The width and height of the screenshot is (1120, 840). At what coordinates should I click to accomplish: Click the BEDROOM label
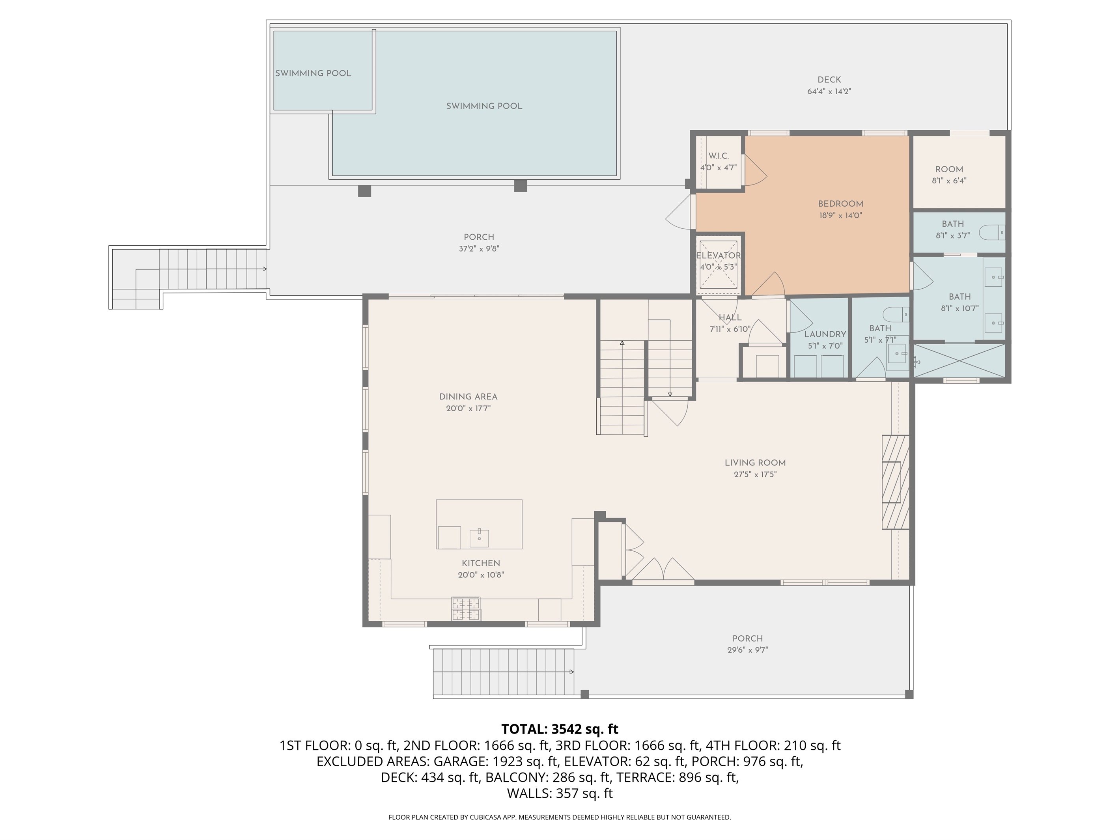click(840, 204)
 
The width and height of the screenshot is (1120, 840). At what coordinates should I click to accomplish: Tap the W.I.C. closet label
click(718, 156)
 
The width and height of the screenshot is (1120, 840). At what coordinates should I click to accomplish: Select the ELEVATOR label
click(718, 256)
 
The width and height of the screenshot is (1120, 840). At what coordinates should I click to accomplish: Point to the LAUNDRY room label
click(825, 334)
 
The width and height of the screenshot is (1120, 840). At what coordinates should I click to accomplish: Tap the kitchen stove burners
click(466, 609)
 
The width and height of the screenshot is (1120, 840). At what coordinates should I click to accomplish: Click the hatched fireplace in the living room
click(895, 482)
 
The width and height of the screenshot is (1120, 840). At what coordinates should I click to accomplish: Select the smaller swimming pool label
click(313, 73)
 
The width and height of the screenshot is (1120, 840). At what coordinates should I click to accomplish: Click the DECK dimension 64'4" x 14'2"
click(829, 91)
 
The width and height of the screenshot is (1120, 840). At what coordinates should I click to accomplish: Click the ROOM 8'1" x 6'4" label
click(949, 170)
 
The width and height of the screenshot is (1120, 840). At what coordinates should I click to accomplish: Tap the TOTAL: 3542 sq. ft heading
click(560, 729)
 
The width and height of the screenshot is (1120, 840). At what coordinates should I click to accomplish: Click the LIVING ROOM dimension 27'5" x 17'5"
click(755, 474)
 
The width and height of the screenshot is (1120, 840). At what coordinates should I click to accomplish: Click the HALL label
click(730, 317)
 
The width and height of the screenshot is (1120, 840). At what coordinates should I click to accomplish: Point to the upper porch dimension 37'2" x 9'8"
click(479, 248)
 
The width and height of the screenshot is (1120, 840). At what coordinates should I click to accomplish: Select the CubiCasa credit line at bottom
click(560, 817)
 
